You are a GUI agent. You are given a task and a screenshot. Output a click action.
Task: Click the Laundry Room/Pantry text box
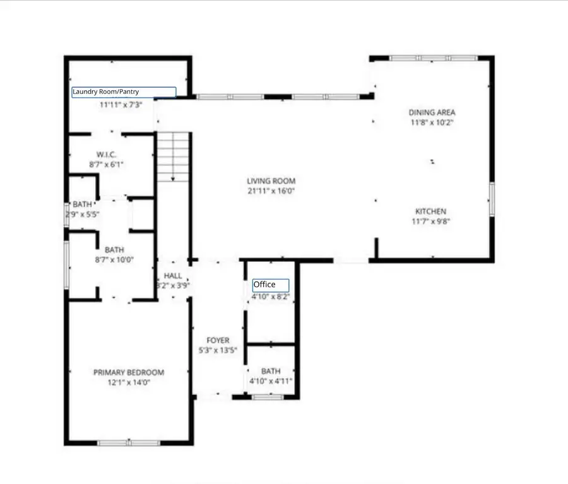(124, 92)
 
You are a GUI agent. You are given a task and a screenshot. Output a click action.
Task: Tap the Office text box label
(271, 285)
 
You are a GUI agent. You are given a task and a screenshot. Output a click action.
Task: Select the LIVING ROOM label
(271, 181)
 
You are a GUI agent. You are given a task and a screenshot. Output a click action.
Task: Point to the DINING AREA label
(432, 113)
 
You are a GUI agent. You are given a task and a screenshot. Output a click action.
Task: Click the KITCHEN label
(431, 211)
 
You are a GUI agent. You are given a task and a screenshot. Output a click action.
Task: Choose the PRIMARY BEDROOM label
(129, 372)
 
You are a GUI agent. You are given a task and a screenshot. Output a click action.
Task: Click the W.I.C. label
(105, 155)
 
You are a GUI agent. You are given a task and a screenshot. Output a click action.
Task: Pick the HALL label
(173, 276)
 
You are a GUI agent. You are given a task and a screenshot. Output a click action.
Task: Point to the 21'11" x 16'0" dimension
(271, 191)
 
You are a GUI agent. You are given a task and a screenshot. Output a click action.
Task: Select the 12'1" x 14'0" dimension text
(129, 382)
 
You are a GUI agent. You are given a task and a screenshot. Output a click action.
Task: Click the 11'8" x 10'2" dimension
(432, 122)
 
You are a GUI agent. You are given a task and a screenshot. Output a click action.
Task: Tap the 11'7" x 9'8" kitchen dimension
(431, 221)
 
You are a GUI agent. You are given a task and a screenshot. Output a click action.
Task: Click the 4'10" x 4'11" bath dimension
(271, 381)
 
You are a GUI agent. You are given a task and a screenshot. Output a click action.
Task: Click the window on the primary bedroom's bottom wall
(128, 443)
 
